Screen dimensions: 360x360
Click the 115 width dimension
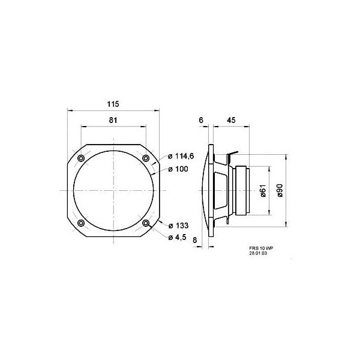click(x=113, y=104)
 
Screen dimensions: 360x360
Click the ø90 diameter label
click(x=280, y=191)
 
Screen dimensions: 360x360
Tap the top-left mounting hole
click(x=80, y=158)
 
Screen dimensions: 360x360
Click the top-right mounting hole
click(x=145, y=158)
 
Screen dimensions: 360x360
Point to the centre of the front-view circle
click(x=113, y=190)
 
